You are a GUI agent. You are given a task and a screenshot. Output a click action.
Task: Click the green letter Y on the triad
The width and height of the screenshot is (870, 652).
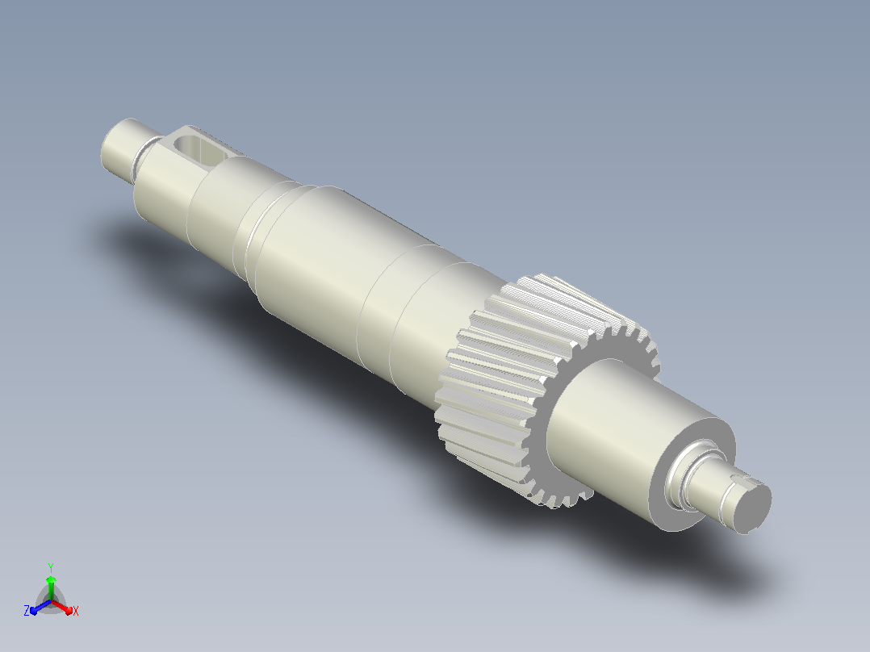tap(51, 567)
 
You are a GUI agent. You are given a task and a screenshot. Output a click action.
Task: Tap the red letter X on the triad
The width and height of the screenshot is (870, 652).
tap(76, 611)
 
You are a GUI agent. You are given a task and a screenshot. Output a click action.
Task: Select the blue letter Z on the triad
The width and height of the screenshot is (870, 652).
tap(27, 611)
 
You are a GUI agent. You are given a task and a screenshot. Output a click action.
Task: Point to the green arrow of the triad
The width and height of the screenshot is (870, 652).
tap(51, 587)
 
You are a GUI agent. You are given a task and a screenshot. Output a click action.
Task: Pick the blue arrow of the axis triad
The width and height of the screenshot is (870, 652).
tap(40, 607)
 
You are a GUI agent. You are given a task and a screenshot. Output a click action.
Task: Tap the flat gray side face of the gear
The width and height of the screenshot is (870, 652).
tap(560, 455)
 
